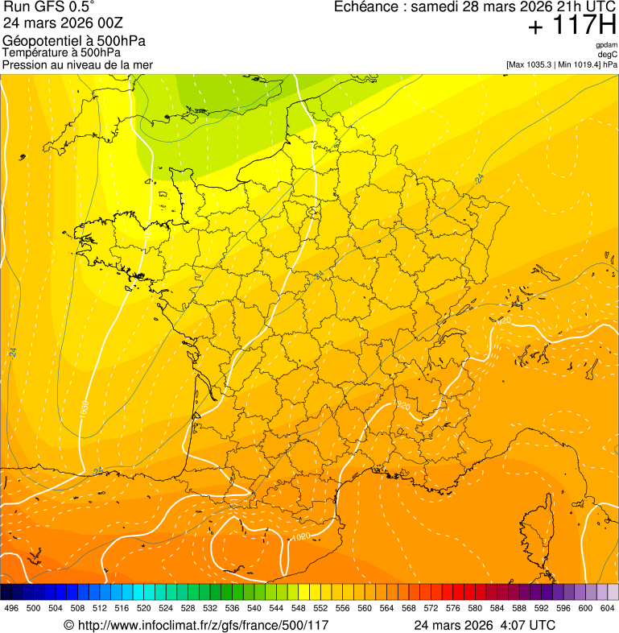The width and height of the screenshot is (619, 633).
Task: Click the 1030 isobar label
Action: tap(85, 408)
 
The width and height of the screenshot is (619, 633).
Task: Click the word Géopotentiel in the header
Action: tap(37, 41)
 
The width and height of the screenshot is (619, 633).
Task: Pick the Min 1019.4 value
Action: tap(578, 64)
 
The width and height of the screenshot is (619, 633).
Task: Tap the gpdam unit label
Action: tap(606, 45)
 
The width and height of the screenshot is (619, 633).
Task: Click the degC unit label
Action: tap(608, 55)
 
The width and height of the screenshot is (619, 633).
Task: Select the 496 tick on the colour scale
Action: tap(11, 608)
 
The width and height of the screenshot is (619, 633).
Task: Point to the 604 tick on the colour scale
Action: tap(608, 608)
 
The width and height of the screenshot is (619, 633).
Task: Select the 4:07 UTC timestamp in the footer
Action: tap(527, 625)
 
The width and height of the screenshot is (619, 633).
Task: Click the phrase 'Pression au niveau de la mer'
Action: tap(77, 64)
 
